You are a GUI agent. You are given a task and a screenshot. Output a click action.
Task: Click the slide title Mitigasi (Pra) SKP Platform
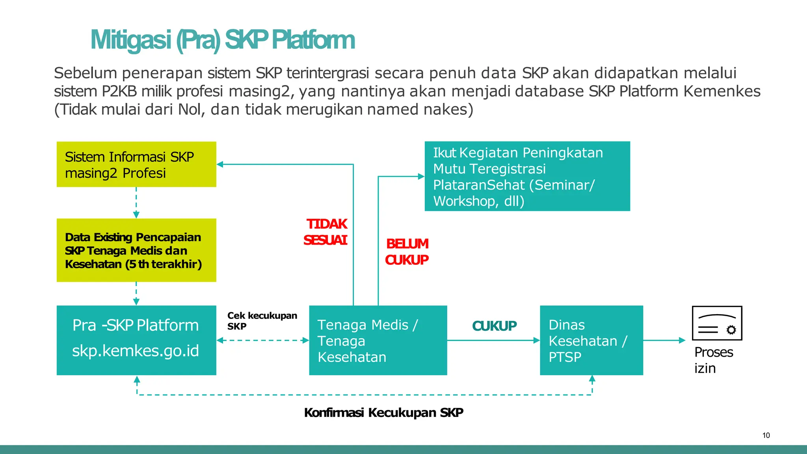(222, 40)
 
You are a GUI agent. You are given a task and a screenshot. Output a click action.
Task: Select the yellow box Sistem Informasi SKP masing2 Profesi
(136, 164)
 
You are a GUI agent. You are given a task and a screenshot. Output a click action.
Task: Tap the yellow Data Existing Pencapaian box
(136, 250)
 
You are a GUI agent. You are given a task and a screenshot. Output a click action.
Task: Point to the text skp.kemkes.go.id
(136, 351)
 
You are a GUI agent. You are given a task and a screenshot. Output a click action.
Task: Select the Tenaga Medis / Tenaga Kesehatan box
(378, 340)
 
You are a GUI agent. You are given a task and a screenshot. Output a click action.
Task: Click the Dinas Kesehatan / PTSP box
(591, 340)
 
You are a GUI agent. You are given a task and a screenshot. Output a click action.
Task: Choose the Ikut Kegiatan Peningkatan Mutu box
(527, 176)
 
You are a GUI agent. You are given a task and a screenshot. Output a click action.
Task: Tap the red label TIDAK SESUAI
(325, 232)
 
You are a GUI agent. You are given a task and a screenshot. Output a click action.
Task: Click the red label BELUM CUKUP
(407, 252)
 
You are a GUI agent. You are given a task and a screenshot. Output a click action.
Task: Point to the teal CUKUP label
(494, 326)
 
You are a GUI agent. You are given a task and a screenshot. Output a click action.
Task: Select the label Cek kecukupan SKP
(262, 321)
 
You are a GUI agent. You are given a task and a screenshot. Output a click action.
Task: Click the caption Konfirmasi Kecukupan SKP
(383, 413)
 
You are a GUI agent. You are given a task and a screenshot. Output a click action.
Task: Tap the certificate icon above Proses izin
(717, 323)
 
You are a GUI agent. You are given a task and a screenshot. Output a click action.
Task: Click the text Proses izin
(713, 360)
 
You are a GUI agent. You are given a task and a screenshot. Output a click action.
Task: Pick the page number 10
(766, 435)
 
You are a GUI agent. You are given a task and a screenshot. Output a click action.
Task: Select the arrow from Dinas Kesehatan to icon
(664, 340)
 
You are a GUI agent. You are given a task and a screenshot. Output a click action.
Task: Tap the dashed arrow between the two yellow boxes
(136, 203)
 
